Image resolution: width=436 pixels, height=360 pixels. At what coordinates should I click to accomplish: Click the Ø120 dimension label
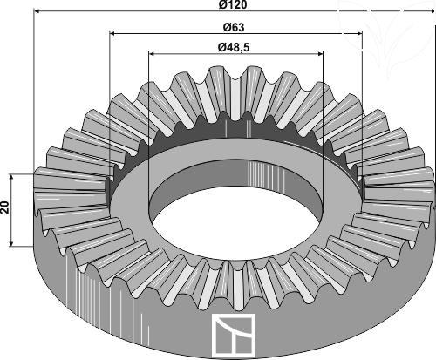(x=233, y=4)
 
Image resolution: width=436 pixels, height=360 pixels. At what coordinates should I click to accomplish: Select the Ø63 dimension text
(x=234, y=28)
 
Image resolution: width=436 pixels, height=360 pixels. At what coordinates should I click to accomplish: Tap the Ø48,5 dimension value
(x=234, y=47)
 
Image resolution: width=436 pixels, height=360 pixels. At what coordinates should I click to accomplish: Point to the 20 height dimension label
(x=5, y=207)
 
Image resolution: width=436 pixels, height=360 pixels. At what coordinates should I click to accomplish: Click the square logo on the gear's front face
(x=234, y=336)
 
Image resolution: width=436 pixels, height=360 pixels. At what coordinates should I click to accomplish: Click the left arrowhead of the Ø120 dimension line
(x=37, y=11)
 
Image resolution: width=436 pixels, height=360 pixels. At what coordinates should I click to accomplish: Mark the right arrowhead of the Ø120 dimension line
(x=432, y=11)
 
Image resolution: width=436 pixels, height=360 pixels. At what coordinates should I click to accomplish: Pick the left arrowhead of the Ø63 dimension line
(x=113, y=34)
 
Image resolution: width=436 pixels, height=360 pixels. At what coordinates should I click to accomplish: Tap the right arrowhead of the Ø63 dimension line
(x=359, y=34)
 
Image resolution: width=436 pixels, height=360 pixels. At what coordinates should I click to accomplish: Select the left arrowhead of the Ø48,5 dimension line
(x=152, y=53)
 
